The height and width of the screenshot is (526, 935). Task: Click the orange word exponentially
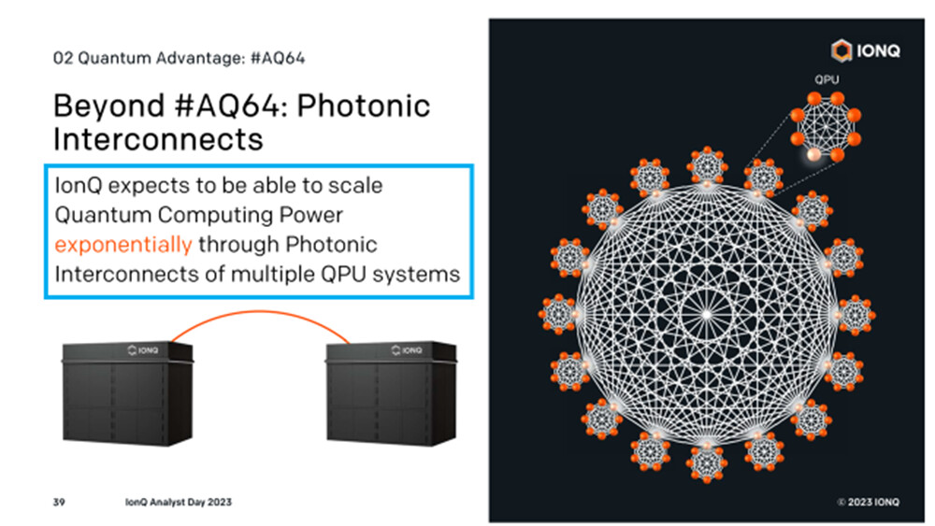(122, 245)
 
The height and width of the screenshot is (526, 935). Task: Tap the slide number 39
(58, 502)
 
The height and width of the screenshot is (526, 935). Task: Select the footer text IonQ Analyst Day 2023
(179, 502)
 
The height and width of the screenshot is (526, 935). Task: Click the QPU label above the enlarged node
(827, 79)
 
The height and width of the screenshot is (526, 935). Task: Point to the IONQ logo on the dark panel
(866, 50)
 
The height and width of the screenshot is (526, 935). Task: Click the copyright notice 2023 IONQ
(869, 502)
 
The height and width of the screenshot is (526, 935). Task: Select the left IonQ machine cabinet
(127, 393)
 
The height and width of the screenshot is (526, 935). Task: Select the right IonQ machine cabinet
(391, 393)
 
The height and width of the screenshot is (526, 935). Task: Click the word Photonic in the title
(363, 107)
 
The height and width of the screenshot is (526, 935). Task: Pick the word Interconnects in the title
(158, 140)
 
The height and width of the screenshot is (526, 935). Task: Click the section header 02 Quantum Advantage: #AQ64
(179, 58)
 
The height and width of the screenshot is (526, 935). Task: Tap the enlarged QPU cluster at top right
(826, 127)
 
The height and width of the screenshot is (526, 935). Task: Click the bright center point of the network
(706, 314)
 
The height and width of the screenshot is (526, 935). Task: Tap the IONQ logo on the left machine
(143, 350)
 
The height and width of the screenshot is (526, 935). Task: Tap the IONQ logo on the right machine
(407, 350)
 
